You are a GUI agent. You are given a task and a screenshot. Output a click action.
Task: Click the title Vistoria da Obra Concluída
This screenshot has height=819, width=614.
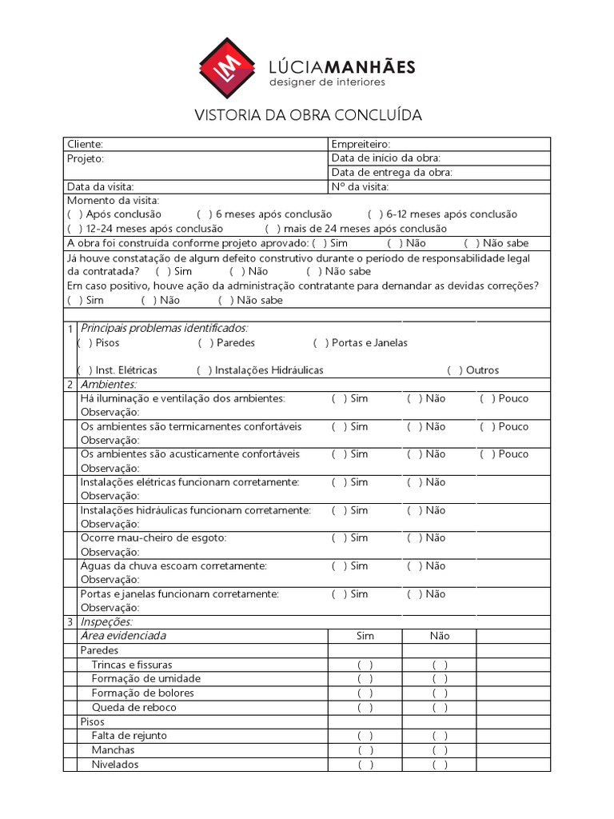tap(309, 115)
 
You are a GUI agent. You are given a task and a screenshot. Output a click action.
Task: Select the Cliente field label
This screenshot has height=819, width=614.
tap(85, 144)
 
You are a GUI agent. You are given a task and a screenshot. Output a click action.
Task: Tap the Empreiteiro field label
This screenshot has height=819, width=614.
tap(361, 144)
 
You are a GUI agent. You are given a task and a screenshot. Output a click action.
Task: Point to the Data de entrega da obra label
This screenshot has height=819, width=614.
tap(392, 172)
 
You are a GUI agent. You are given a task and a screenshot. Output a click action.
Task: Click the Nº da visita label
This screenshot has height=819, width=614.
tap(360, 186)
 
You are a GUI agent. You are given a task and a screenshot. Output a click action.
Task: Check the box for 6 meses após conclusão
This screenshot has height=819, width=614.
tap(204, 214)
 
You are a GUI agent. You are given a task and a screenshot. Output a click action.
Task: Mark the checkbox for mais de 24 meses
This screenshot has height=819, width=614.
tap(273, 229)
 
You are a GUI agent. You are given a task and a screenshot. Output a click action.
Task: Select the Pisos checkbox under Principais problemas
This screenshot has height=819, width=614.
tap(85, 342)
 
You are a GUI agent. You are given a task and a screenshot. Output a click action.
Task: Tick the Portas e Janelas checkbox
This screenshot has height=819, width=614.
tap(321, 342)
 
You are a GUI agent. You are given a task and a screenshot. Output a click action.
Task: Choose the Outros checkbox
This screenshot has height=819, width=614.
tap(454, 370)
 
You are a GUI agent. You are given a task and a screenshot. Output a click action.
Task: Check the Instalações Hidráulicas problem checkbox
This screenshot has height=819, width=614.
tap(204, 370)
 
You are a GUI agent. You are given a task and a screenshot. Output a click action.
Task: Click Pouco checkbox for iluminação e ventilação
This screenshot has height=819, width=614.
tap(487, 398)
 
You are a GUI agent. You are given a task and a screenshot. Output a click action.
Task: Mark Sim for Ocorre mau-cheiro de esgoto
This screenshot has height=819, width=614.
tap(339, 537)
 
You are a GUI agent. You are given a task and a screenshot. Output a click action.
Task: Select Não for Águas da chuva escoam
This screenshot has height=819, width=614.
tap(414, 565)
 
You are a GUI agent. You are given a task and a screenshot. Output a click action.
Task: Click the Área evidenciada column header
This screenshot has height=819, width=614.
tap(123, 636)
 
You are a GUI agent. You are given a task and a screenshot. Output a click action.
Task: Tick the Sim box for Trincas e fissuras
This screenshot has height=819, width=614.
tap(365, 665)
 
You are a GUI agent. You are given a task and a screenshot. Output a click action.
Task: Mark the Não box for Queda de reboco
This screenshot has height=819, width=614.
tap(440, 707)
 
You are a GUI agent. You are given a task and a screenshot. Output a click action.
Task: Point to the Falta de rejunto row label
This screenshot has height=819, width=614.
tap(129, 735)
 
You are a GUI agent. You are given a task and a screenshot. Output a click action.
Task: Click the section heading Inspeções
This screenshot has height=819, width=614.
tap(106, 621)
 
